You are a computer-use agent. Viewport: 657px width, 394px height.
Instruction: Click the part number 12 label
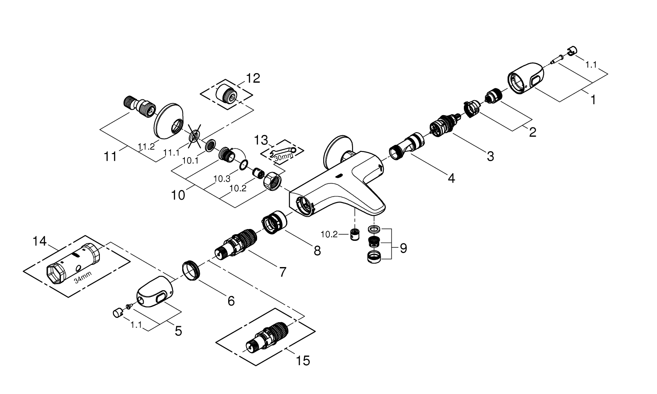(x=253, y=78)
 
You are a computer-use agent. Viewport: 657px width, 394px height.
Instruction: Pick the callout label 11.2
(x=146, y=147)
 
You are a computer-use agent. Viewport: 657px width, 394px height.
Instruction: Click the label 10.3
(x=222, y=179)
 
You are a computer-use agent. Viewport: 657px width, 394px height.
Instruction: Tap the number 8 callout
(x=317, y=250)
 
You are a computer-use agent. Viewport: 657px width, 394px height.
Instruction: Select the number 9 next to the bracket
(x=403, y=249)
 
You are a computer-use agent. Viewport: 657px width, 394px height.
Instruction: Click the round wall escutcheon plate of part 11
(x=170, y=120)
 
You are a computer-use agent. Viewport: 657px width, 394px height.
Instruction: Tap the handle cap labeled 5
(x=154, y=293)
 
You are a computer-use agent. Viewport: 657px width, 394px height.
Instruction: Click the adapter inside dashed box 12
(x=226, y=92)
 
